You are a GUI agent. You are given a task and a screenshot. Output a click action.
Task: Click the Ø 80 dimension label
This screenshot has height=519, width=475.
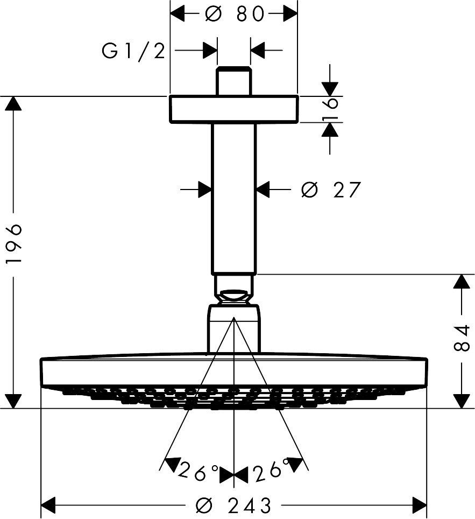(x=235, y=15)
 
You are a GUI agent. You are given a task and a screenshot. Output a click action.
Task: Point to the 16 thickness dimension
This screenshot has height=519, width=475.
(x=331, y=109)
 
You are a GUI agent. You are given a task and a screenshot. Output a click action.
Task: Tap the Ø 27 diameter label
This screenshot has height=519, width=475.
(x=331, y=190)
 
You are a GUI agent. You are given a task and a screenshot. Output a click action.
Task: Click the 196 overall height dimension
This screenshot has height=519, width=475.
(x=13, y=243)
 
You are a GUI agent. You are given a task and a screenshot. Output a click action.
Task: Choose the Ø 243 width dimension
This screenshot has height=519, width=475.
(x=234, y=506)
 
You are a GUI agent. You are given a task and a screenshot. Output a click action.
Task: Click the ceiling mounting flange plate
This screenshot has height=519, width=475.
(x=233, y=109)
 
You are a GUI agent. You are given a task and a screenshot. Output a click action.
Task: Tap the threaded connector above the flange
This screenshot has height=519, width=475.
(x=233, y=81)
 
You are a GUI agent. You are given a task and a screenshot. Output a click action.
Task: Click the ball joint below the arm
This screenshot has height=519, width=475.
(x=233, y=293)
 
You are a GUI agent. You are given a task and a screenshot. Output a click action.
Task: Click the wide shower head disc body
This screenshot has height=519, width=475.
(x=233, y=371)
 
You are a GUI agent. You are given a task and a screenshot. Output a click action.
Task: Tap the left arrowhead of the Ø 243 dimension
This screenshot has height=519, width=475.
(x=49, y=506)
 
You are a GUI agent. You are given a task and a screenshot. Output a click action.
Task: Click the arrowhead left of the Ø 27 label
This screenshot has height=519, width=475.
(x=204, y=190)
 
